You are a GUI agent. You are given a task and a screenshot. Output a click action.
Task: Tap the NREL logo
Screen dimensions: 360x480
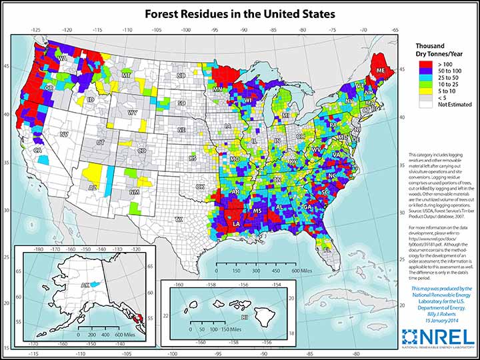tap(437, 339)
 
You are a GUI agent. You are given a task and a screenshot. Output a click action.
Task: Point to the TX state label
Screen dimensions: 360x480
tap(178, 219)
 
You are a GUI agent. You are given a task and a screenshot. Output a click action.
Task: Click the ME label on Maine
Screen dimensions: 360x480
tap(381, 70)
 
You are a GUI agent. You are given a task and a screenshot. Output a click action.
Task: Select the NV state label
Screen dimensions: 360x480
tap(65, 134)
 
